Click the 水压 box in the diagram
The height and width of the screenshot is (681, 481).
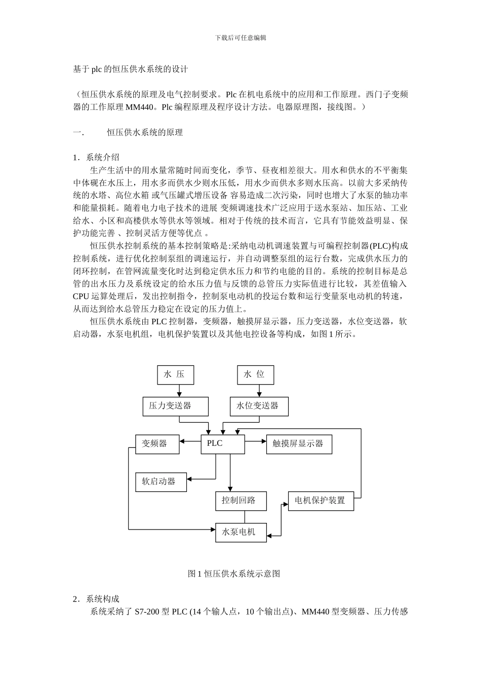[x=176, y=375]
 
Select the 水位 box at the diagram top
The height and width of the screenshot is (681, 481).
[x=256, y=375]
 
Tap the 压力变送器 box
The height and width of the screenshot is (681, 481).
[x=175, y=406]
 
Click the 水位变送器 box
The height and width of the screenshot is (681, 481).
[x=259, y=406]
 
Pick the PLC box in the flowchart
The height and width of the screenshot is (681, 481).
[x=223, y=444]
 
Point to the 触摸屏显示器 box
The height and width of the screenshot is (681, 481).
[x=299, y=444]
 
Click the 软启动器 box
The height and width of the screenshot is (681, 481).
[x=161, y=481]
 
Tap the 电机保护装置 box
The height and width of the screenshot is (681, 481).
[x=321, y=501]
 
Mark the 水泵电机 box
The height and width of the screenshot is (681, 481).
[x=241, y=532]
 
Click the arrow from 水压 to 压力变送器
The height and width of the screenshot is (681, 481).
[x=179, y=391]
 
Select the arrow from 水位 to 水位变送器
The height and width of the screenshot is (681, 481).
[x=259, y=391]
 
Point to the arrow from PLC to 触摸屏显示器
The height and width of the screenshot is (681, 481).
[x=256, y=443]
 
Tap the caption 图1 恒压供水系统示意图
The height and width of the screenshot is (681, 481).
[x=234, y=574]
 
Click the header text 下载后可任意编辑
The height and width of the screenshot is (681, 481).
[x=240, y=37]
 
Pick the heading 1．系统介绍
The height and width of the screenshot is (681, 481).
[x=96, y=157]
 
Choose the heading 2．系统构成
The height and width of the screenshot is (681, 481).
[x=96, y=599]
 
